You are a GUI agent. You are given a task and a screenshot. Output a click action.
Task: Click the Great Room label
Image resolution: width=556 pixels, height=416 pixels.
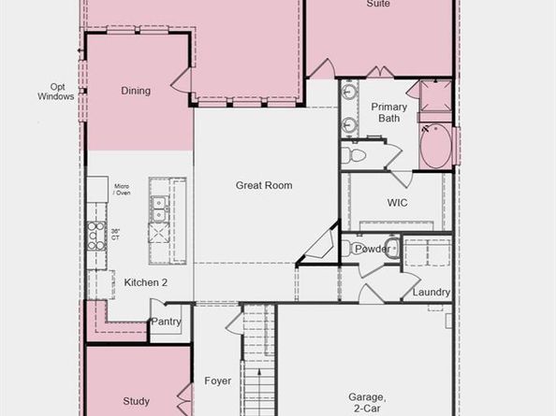pyautogui.click(x=263, y=185)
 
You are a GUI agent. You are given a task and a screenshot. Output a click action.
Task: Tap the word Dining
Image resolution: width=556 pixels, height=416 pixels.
pyautogui.click(x=136, y=91)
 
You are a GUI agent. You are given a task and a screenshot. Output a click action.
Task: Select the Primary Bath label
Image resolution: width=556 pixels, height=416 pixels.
pyautogui.click(x=388, y=112)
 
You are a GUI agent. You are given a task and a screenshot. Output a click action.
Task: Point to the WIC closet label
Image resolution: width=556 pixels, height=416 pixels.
pyautogui.click(x=397, y=202)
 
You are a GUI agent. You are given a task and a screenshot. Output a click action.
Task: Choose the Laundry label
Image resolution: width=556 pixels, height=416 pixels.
pyautogui.click(x=432, y=293)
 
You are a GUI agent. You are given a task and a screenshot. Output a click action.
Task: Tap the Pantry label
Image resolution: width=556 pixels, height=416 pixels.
pyautogui.click(x=166, y=322)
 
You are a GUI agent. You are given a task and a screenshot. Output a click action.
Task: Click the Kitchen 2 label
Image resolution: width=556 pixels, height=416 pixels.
pyautogui.click(x=146, y=282)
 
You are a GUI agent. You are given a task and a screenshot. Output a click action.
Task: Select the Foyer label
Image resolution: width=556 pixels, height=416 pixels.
pyautogui.click(x=218, y=381)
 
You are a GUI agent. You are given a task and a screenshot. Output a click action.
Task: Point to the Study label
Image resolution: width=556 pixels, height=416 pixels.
pyautogui.click(x=136, y=401)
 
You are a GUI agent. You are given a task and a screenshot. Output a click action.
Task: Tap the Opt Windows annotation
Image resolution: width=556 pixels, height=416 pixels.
pyautogui.click(x=55, y=91)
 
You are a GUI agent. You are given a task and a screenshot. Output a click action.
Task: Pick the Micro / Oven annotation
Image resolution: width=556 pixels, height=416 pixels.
pyautogui.click(x=122, y=190)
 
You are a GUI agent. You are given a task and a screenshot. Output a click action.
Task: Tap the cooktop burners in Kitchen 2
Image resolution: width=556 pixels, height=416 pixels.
pyautogui.click(x=96, y=237)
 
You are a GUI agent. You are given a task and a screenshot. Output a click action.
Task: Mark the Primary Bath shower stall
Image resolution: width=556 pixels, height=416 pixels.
pyautogui.click(x=434, y=97)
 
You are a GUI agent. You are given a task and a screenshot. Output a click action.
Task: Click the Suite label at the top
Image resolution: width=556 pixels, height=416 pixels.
pyautogui.click(x=378, y=5)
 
